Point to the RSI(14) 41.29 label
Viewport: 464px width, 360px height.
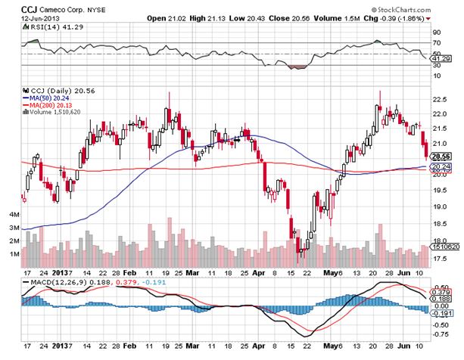pyautogui.click(x=47, y=27)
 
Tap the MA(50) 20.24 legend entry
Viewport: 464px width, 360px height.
pyautogui.click(x=48, y=97)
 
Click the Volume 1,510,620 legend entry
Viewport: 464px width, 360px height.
pyautogui.click(x=57, y=112)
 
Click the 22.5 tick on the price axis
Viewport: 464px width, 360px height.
pyautogui.click(x=438, y=99)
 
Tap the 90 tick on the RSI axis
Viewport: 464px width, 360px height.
pyautogui.click(x=435, y=33)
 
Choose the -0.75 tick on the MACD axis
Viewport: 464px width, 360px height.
pyautogui.click(x=438, y=334)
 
